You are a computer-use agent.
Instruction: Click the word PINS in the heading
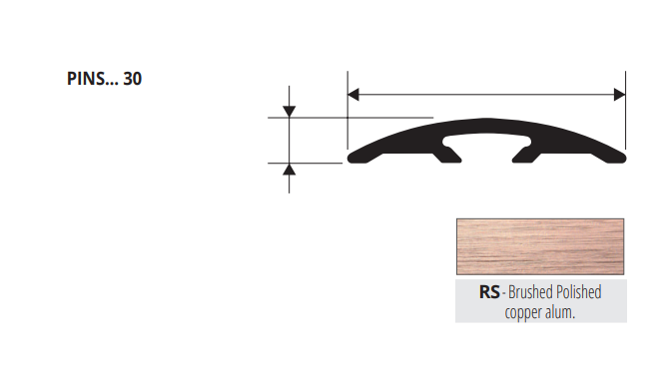(86, 79)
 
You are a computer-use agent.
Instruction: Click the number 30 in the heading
(132, 79)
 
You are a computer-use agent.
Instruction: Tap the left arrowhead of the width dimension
(353, 95)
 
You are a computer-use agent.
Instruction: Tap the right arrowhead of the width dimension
(620, 95)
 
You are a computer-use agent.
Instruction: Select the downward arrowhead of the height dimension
(290, 112)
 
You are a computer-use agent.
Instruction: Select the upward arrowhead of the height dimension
(290, 170)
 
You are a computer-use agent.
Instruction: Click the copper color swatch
(540, 246)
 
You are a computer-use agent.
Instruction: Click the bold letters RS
(489, 292)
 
